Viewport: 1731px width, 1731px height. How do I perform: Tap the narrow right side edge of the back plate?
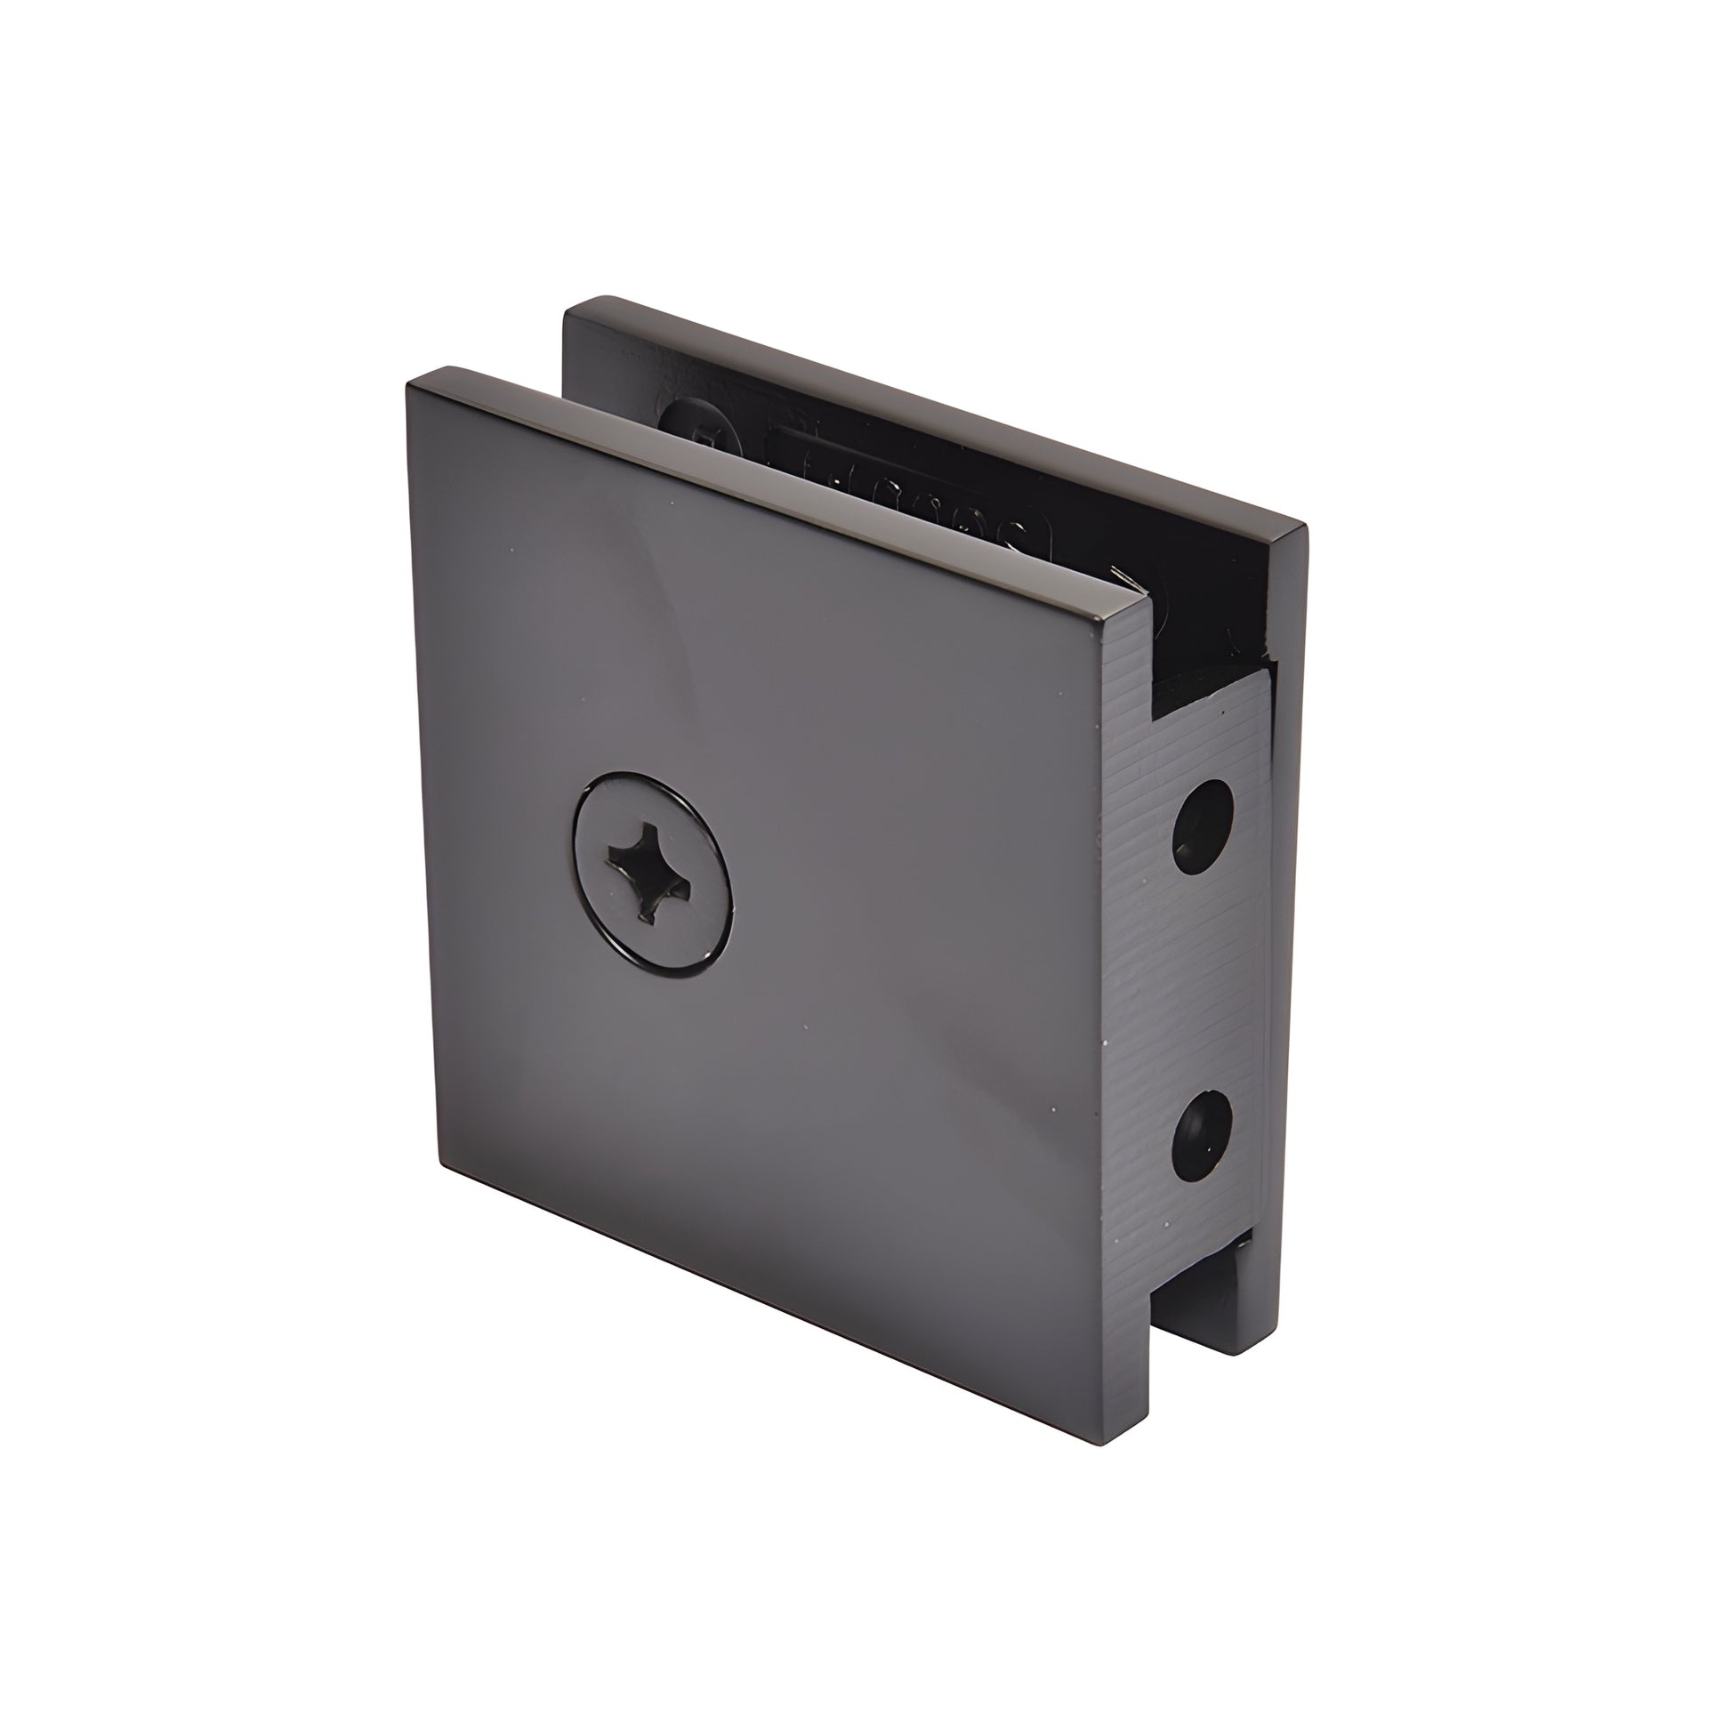point(1290,896)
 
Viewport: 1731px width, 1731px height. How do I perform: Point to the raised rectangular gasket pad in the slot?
point(896,484)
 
